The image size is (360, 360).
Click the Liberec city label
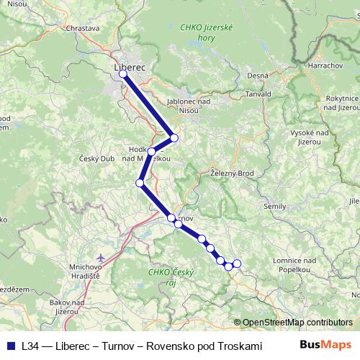pyautogui.click(x=130, y=67)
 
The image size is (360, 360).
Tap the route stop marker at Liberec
pyautogui.click(x=123, y=74)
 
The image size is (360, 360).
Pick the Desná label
pyautogui.click(x=256, y=76)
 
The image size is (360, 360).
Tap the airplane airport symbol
pyautogui.click(x=100, y=257)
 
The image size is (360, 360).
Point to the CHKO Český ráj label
pyautogui.click(x=168, y=276)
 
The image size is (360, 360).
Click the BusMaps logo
pyautogui.click(x=326, y=345)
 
